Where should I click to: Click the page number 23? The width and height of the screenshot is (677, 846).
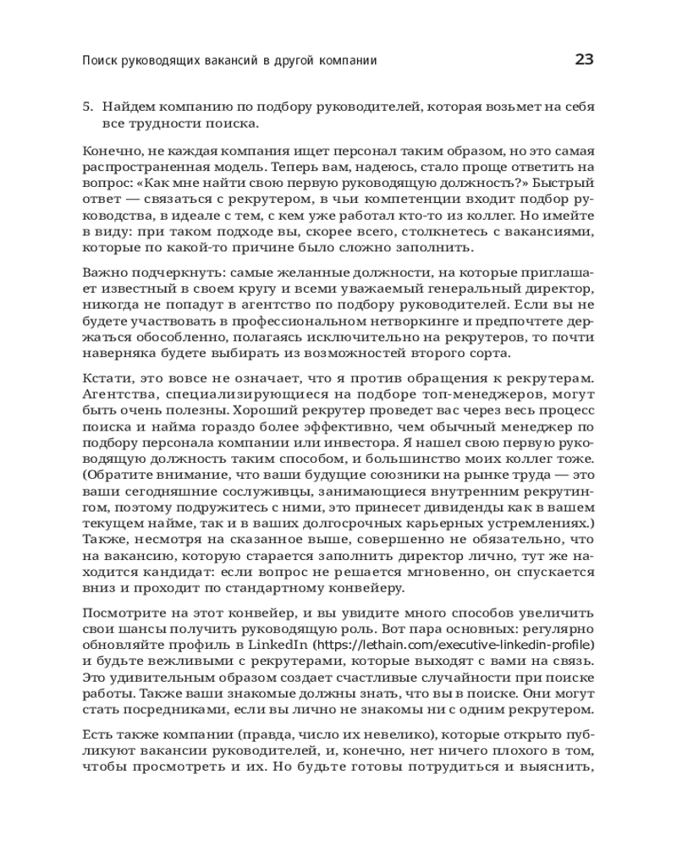click(x=584, y=59)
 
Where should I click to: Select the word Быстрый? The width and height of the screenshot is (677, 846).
click(x=563, y=183)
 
